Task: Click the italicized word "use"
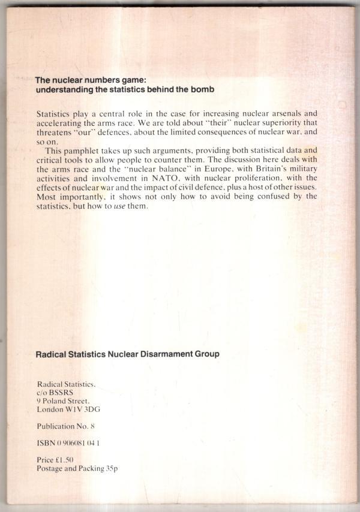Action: [122, 207]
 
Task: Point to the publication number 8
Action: [93, 427]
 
